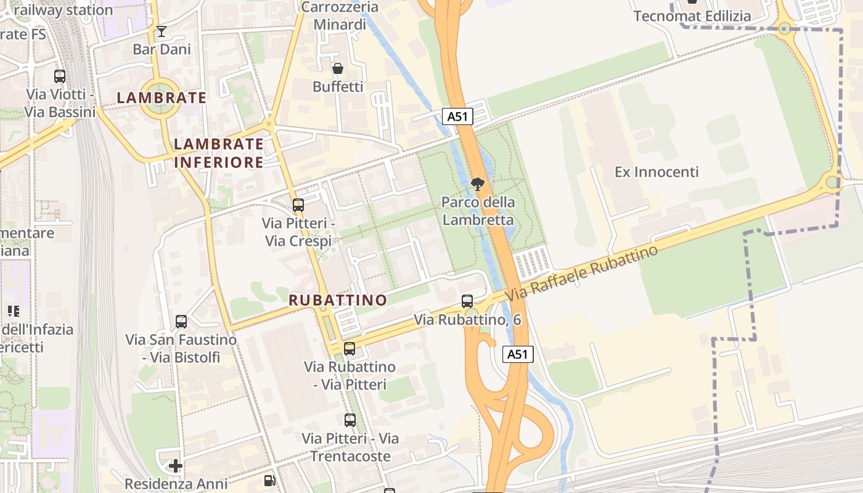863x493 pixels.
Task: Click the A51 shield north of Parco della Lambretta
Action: tap(457, 116)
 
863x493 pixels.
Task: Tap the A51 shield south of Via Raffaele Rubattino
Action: tap(517, 354)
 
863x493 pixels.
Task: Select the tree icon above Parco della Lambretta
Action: tap(477, 184)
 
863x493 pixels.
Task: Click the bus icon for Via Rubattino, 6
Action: tap(467, 301)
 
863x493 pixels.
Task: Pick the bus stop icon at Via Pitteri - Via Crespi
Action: tap(298, 205)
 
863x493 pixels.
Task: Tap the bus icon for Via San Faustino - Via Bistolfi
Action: tap(181, 322)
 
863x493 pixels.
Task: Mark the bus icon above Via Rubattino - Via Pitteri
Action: tap(350, 349)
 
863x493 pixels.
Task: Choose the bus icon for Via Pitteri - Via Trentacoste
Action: tap(350, 420)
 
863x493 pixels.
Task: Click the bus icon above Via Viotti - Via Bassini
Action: tap(60, 76)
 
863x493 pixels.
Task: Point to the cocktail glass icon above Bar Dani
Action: tap(162, 31)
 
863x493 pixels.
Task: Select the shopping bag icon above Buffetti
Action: tap(337, 68)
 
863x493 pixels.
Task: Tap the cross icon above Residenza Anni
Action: tap(176, 466)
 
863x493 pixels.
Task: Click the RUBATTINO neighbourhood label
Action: tap(338, 300)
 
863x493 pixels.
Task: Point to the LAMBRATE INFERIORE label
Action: tap(218, 153)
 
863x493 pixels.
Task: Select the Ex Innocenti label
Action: tap(656, 172)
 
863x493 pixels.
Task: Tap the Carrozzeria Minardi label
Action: tap(339, 16)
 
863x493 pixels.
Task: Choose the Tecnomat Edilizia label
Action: tap(692, 16)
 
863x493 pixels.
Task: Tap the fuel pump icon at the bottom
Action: tap(269, 480)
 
